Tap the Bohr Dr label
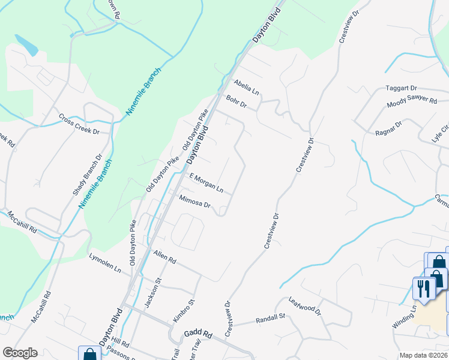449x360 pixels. [237, 101]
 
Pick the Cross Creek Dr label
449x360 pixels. [79, 124]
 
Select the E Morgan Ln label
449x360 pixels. [206, 184]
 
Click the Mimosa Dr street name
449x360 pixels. [194, 201]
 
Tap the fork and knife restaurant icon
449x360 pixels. [424, 288]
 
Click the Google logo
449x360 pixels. [20, 353]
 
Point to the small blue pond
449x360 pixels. [25, 44]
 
